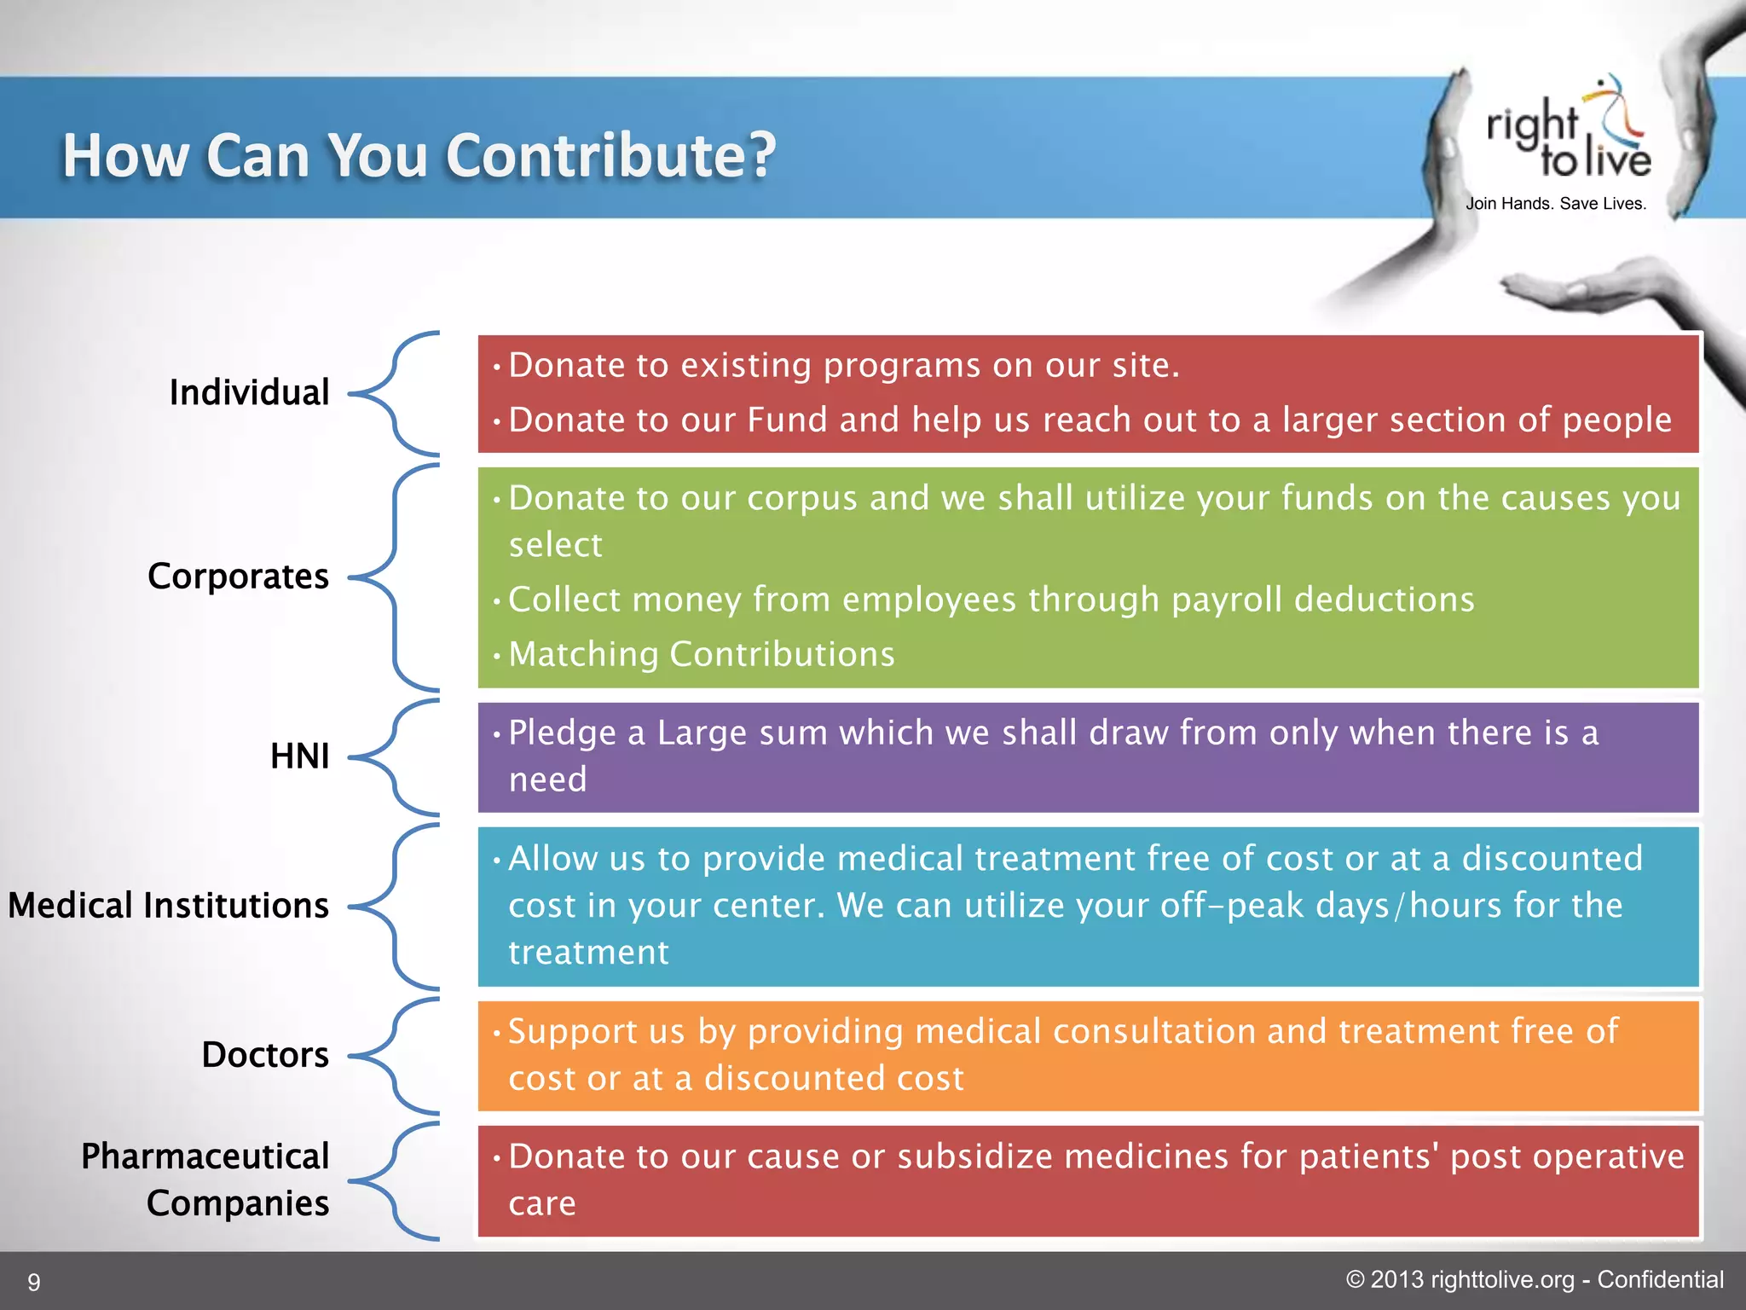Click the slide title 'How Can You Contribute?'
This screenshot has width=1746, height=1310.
(x=419, y=156)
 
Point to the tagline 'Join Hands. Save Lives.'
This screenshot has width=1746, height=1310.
(x=1556, y=204)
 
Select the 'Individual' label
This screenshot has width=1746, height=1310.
(x=249, y=392)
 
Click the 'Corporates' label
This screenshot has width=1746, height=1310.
(x=238, y=577)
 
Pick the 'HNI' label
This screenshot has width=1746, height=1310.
(x=299, y=756)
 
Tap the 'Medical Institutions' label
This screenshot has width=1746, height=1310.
(x=168, y=906)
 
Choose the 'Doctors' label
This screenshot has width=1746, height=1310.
(x=264, y=1055)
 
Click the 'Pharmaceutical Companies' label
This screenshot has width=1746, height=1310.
(x=205, y=1180)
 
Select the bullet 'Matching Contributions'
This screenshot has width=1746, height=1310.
(x=701, y=655)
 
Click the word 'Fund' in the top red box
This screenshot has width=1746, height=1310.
(x=787, y=420)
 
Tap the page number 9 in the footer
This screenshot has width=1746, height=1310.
(x=34, y=1282)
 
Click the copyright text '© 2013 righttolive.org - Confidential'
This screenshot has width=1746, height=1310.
(x=1534, y=1280)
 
